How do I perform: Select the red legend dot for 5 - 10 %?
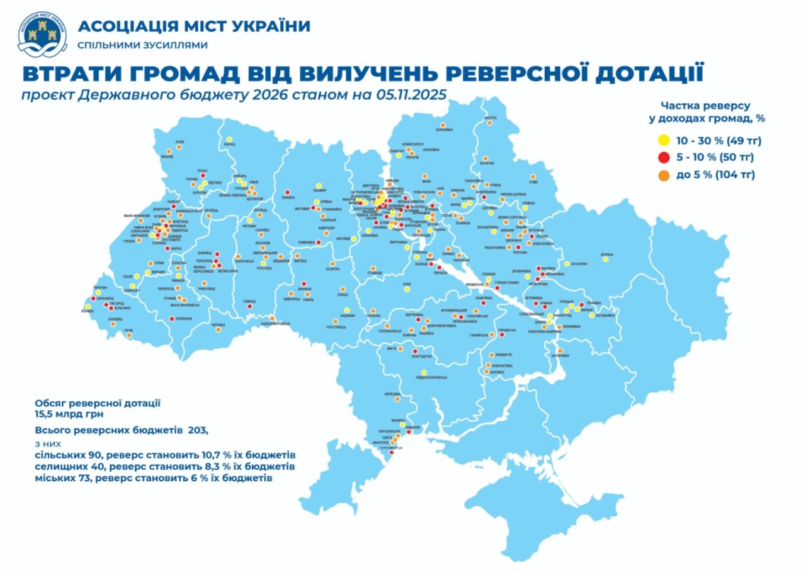tap(662, 157)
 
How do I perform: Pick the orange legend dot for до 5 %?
tap(662, 175)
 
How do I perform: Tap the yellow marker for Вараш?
tap(229, 139)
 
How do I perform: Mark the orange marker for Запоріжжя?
tap(558, 350)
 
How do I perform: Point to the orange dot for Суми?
tap(533, 176)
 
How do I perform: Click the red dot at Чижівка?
tap(287, 192)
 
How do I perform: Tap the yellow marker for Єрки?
tap(407, 290)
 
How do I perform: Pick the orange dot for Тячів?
tap(129, 335)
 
